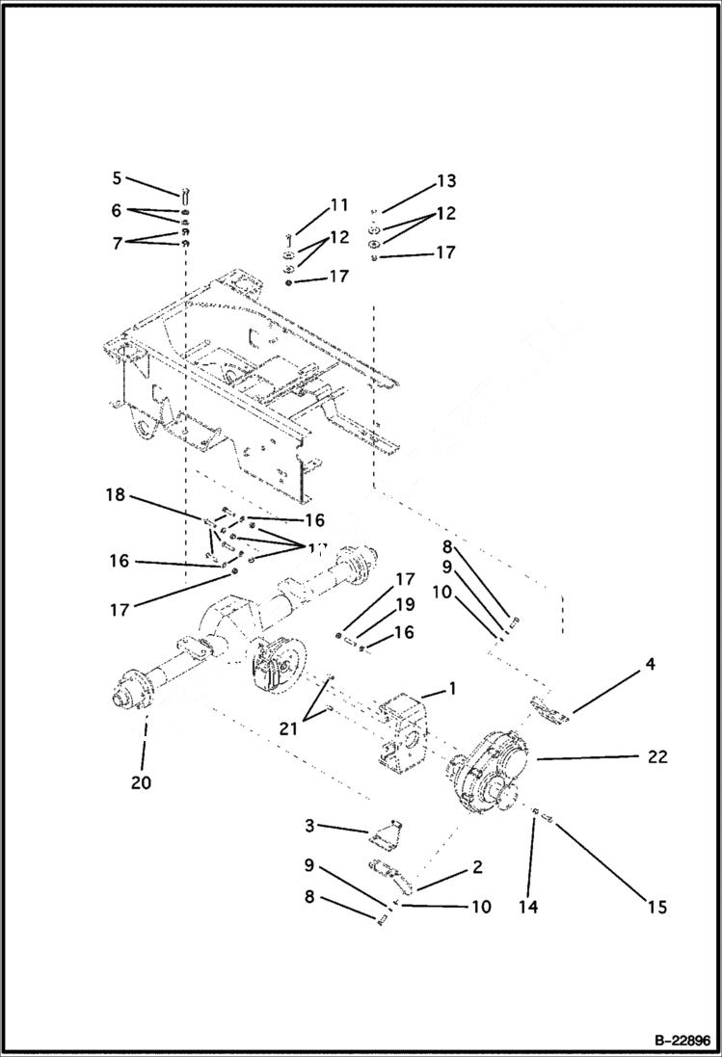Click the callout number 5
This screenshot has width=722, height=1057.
tap(117, 178)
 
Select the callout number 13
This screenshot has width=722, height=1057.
tap(445, 181)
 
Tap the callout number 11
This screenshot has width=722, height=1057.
tap(338, 204)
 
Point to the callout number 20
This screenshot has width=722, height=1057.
tap(142, 782)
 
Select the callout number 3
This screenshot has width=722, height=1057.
tap(308, 826)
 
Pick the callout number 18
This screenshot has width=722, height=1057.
tap(116, 496)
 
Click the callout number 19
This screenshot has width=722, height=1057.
tap(404, 605)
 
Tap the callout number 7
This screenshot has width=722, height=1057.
tap(118, 243)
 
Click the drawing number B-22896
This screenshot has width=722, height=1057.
tap(677, 1041)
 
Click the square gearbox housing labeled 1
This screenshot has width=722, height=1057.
tap(402, 731)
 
